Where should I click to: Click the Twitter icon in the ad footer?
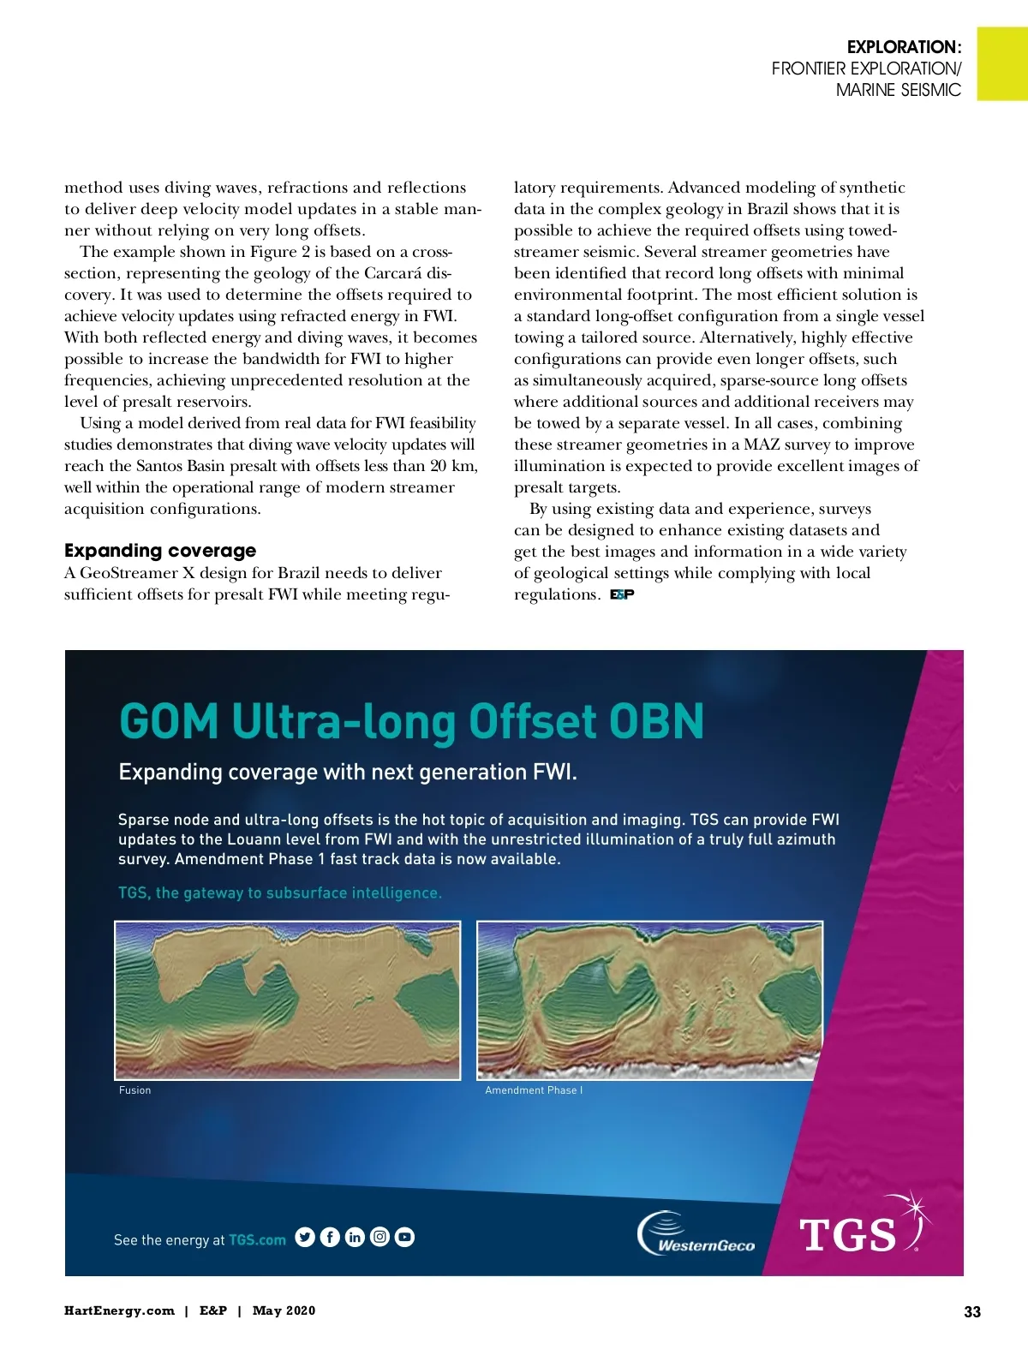point(304,1237)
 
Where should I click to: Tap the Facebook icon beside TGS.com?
point(330,1237)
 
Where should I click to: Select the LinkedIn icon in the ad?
point(355,1237)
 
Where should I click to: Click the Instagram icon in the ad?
point(380,1237)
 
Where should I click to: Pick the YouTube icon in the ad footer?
point(404,1237)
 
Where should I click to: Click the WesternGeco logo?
point(696,1234)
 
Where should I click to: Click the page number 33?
point(972,1311)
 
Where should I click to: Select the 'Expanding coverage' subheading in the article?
point(160,550)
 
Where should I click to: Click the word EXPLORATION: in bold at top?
point(904,47)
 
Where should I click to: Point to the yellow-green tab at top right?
point(1001,63)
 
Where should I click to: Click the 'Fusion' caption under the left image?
point(135,1090)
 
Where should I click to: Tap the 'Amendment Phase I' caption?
point(534,1090)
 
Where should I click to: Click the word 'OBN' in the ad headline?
point(655,721)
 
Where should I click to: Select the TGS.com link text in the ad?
point(257,1239)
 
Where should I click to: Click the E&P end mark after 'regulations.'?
point(622,594)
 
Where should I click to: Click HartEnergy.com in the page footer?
point(119,1310)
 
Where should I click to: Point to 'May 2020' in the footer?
point(284,1310)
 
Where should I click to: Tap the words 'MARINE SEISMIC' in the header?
point(899,90)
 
